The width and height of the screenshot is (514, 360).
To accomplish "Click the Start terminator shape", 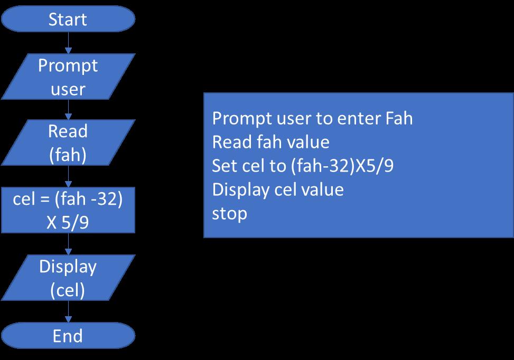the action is pos(68,20).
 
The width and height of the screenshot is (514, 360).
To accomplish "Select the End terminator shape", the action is pos(68,336).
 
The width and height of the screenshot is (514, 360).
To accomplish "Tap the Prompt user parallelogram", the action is pos(68,77).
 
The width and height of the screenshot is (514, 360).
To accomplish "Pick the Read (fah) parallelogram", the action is pos(68,142).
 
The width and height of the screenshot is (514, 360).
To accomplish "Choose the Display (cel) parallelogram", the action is pos(68,278).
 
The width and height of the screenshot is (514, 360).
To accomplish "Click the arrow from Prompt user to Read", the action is pos(68,109).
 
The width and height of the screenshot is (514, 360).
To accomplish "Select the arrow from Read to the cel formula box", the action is pos(68,175).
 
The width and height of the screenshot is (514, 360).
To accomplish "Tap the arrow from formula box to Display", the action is pos(68,243).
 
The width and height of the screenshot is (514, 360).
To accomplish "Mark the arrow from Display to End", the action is pos(68,311).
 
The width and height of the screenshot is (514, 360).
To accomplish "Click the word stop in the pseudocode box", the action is pos(229,214).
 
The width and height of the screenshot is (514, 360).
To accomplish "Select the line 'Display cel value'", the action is pos(278,190).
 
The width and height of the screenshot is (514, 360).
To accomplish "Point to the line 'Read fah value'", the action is pos(270,142).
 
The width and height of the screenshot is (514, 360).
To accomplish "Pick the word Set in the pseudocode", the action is pos(224,166).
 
